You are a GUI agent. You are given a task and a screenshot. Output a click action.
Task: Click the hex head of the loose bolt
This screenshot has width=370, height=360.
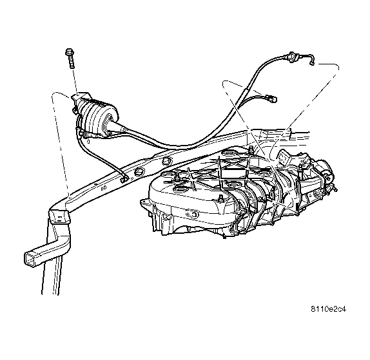click(69, 53)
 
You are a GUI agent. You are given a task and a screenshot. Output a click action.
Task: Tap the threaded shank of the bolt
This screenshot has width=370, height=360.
click(72, 62)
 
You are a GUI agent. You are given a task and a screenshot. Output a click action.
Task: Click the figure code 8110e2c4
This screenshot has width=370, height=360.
click(328, 309)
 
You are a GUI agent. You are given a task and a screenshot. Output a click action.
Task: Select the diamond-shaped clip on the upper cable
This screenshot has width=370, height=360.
click(292, 57)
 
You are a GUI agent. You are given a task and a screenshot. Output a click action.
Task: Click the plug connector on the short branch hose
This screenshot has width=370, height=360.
click(271, 98)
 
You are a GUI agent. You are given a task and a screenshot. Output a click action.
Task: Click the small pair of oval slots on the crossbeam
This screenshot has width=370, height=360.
click(104, 188)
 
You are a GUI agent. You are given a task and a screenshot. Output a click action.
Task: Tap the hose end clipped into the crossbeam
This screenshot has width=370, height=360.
click(124, 178)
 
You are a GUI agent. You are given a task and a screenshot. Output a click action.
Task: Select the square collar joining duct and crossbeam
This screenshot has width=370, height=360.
click(60, 216)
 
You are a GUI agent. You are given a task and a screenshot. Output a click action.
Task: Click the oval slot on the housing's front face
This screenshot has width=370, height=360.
click(193, 214)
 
